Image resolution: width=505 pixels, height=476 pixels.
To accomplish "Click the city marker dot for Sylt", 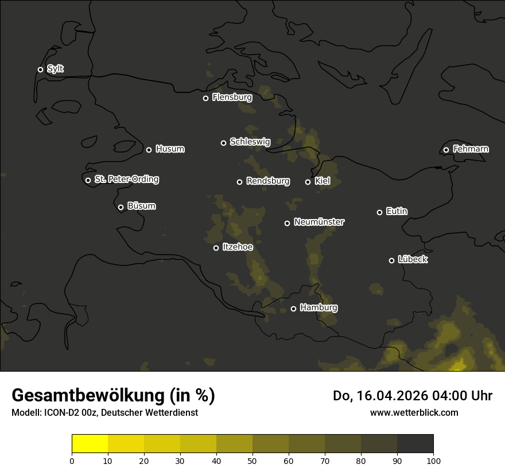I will coord(40,69).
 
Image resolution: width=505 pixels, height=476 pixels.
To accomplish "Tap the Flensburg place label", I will coord(232,97).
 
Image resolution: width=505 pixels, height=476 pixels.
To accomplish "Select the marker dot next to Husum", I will coord(149,150).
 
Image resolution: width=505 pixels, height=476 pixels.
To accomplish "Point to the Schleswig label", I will coord(250,142).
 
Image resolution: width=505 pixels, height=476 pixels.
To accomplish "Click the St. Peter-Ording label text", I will coord(126,180).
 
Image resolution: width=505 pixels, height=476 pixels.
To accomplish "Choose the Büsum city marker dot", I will coord(121,208).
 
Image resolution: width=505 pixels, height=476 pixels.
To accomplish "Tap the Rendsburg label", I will coord(267,181).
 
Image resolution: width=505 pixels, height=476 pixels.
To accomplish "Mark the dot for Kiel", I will coord(308,182).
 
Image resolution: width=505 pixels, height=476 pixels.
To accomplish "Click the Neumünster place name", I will coord(318,222).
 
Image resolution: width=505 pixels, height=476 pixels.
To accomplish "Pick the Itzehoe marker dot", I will coord(216,248).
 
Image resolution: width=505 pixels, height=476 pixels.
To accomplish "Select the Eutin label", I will coord(397,212).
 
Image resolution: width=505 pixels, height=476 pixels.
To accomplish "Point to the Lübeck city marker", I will coord(391,260).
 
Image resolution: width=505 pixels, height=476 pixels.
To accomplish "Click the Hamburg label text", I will coord(318,308).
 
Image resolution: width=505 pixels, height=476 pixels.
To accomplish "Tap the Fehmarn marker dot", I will coord(446,150).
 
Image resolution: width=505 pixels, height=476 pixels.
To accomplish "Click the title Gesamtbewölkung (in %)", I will coord(113,396).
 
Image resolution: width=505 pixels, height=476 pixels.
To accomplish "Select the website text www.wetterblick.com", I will coord(414,412).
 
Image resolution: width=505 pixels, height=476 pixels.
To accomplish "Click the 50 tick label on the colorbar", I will coord(252,461).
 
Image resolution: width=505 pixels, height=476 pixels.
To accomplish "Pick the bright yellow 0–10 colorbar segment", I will coord(90,444).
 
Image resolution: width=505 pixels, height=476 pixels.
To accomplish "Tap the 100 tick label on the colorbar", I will coord(433,461).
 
